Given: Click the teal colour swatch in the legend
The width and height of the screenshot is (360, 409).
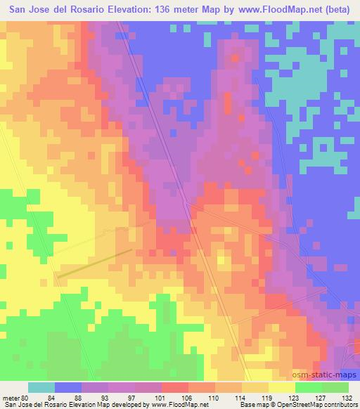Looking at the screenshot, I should [41, 387].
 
